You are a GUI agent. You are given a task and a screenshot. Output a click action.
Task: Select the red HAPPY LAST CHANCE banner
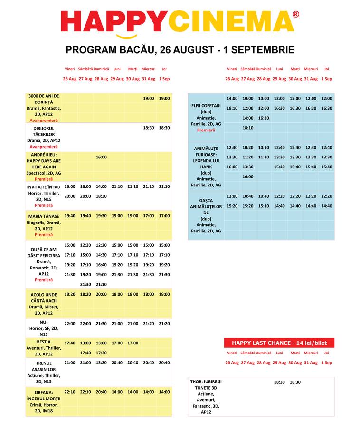[x=279, y=343]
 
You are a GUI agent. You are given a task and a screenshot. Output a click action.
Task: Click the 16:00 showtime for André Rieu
[x=101, y=157]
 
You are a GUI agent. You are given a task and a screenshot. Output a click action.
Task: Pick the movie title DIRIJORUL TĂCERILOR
[x=44, y=131]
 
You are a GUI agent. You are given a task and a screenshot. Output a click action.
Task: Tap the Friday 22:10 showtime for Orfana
[x=70, y=392]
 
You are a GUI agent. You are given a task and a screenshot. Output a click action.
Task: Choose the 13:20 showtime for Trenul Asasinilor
[x=101, y=363]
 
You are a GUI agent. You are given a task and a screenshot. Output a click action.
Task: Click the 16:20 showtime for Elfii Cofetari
[x=264, y=118]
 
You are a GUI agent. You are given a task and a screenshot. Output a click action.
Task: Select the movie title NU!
[x=44, y=322]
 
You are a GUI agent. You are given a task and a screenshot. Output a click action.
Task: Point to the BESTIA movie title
[x=44, y=342]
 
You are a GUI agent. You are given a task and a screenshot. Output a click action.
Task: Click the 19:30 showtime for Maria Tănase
[x=101, y=216]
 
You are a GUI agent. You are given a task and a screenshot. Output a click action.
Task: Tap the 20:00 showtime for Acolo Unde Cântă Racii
[x=101, y=295]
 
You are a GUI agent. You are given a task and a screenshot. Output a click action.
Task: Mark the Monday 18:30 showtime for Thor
[x=279, y=382]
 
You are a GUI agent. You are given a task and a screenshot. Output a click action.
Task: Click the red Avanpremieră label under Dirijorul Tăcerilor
[x=44, y=147]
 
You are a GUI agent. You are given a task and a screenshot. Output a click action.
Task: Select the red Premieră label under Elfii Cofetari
[x=206, y=130]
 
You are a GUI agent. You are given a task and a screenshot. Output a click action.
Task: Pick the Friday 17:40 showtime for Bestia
[x=70, y=343]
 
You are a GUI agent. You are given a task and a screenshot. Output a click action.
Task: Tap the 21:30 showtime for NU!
[x=101, y=324]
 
